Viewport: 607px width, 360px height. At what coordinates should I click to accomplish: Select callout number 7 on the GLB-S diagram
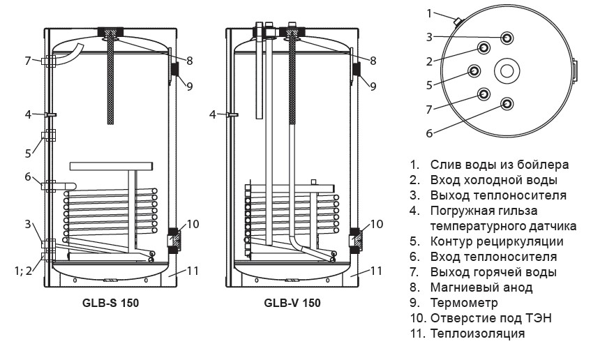pos(28,61)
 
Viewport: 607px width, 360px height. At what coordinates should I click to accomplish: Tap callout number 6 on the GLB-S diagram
pos(28,177)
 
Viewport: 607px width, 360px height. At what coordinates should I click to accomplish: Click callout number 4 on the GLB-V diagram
pos(213,114)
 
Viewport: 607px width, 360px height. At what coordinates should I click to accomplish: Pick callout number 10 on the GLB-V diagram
pos(377,224)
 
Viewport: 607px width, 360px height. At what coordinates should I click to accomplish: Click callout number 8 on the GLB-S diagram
pos(189,61)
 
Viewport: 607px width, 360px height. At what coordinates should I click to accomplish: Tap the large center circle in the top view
pos(506,70)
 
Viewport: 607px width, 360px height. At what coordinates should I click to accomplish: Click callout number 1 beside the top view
pos(430,13)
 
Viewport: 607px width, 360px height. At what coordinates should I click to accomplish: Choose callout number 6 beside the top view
pos(430,133)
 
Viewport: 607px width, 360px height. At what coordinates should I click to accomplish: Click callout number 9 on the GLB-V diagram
pos(373,87)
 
